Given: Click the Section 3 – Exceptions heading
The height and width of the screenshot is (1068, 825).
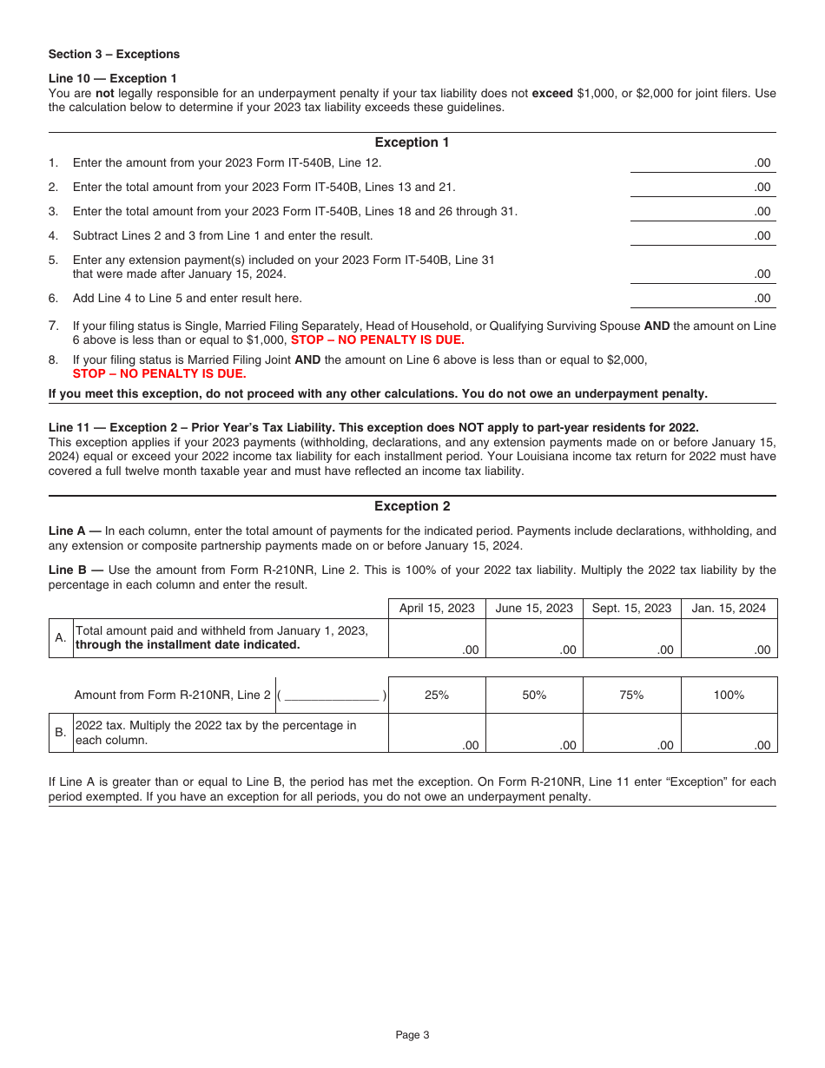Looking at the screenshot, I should point(114,54).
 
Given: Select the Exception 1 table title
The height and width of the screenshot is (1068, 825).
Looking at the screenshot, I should point(412,142).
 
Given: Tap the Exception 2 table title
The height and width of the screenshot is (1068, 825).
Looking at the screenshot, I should point(412,506).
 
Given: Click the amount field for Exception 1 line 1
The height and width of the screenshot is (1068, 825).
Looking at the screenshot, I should point(702,162).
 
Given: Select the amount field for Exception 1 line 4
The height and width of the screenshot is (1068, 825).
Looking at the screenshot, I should point(702,235).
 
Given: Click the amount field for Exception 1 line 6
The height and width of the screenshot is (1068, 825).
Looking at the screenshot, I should point(702,298).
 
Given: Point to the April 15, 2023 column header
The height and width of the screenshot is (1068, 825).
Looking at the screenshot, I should point(437,608).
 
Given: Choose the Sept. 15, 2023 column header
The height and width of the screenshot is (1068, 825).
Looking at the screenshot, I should point(631,608).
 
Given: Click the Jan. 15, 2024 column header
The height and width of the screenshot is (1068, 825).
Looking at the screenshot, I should point(729,608).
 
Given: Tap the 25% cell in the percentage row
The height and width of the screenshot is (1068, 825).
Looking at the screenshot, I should point(437,695).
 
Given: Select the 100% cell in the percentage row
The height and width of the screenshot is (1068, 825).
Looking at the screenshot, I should point(729,695).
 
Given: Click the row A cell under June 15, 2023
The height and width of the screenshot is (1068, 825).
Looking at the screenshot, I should point(534,639).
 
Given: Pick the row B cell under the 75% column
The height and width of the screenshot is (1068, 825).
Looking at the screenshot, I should point(631,733).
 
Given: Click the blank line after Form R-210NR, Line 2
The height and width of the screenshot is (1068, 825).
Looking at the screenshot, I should point(332,695).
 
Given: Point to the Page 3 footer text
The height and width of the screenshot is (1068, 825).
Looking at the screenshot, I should point(412,1034).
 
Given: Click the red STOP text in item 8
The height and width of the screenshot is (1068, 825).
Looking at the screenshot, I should point(159,374).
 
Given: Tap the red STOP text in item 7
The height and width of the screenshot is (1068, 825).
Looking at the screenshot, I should point(377,340).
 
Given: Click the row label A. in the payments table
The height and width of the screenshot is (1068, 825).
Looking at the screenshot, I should point(60,638).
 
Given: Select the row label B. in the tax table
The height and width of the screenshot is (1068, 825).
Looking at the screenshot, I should point(60,733).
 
